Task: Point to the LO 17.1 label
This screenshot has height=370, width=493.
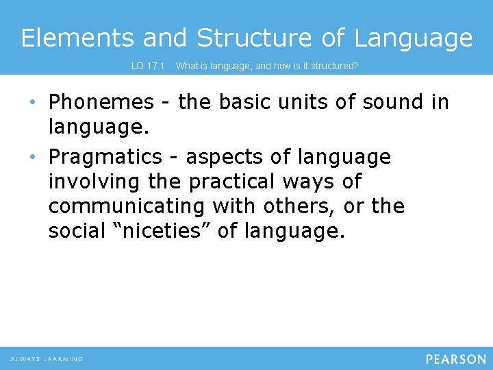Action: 148,66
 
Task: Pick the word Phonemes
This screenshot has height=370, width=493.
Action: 101,102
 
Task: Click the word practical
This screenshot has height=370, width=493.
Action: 230,182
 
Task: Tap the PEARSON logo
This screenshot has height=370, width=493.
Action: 455,359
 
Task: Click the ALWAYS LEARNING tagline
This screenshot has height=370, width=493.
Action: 47,359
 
